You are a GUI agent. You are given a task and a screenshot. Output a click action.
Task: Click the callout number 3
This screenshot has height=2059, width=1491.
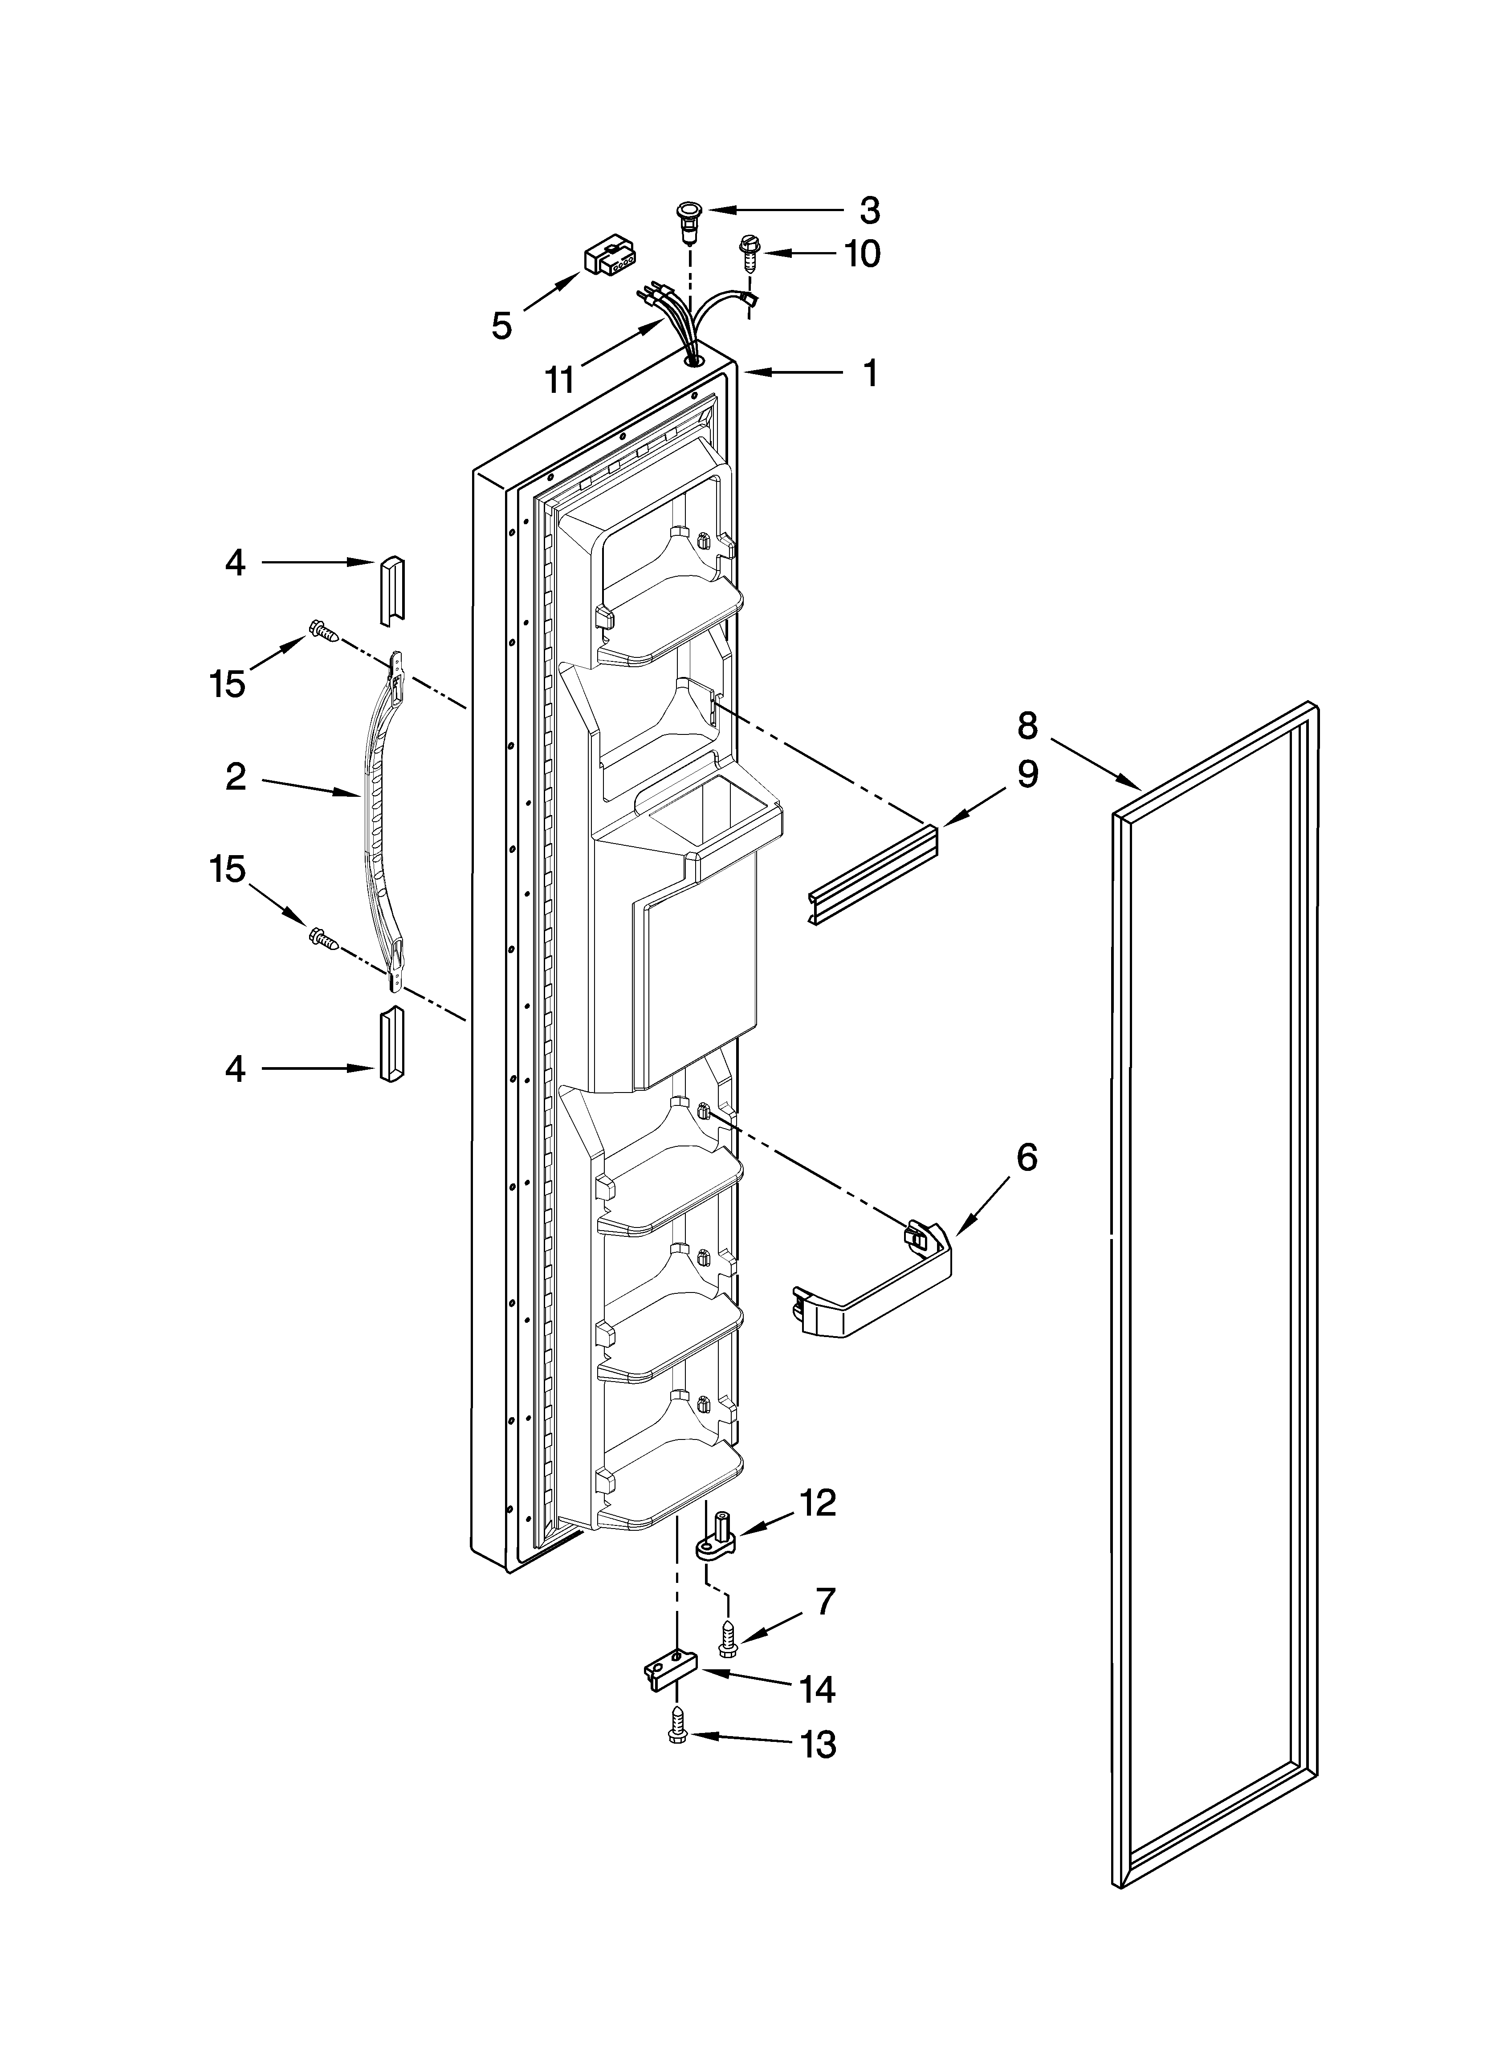(x=869, y=211)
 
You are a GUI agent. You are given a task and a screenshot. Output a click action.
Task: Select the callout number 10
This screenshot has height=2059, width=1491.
(x=862, y=254)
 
